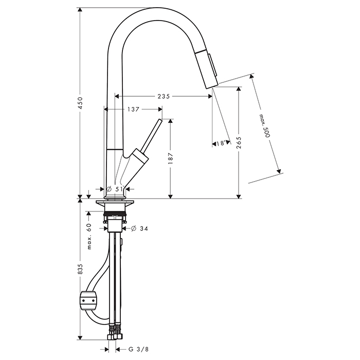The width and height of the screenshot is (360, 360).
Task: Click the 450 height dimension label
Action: pyautogui.click(x=81, y=103)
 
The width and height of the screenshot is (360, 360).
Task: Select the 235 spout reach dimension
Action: pyautogui.click(x=164, y=97)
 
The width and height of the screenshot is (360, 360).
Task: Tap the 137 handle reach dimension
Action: pyautogui.click(x=133, y=110)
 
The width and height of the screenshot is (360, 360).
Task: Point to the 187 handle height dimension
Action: pyautogui.click(x=170, y=158)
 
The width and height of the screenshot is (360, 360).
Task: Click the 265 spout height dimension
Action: pyautogui.click(x=239, y=142)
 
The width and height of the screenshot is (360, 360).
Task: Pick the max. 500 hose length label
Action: pyautogui.click(x=264, y=126)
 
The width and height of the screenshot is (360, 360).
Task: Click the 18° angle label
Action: pyautogui.click(x=221, y=143)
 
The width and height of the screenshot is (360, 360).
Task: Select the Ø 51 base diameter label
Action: pyautogui.click(x=115, y=189)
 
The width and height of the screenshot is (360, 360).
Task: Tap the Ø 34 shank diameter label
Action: pyautogui.click(x=139, y=228)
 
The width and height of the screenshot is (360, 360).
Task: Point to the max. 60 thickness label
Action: pyautogui.click(x=89, y=236)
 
